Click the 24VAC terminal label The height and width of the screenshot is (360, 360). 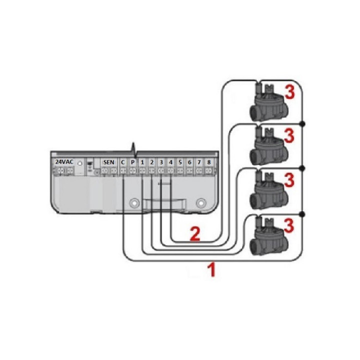click(x=64, y=162)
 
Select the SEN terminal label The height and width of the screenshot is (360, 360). click(x=108, y=162)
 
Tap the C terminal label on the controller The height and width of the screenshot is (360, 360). click(x=123, y=162)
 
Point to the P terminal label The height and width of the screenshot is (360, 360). click(x=132, y=162)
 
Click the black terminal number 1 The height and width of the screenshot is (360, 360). click(x=142, y=162)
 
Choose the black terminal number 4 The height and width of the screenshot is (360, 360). click(x=170, y=162)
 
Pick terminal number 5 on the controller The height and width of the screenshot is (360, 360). click(x=180, y=162)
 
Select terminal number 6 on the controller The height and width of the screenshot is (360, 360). click(x=189, y=162)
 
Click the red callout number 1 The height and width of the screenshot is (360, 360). click(x=211, y=270)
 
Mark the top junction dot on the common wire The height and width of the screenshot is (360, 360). click(x=302, y=123)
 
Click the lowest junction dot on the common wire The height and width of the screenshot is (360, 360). click(x=302, y=214)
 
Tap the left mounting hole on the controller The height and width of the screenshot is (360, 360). click(x=133, y=203)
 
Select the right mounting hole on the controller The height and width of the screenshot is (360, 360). click(x=200, y=203)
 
